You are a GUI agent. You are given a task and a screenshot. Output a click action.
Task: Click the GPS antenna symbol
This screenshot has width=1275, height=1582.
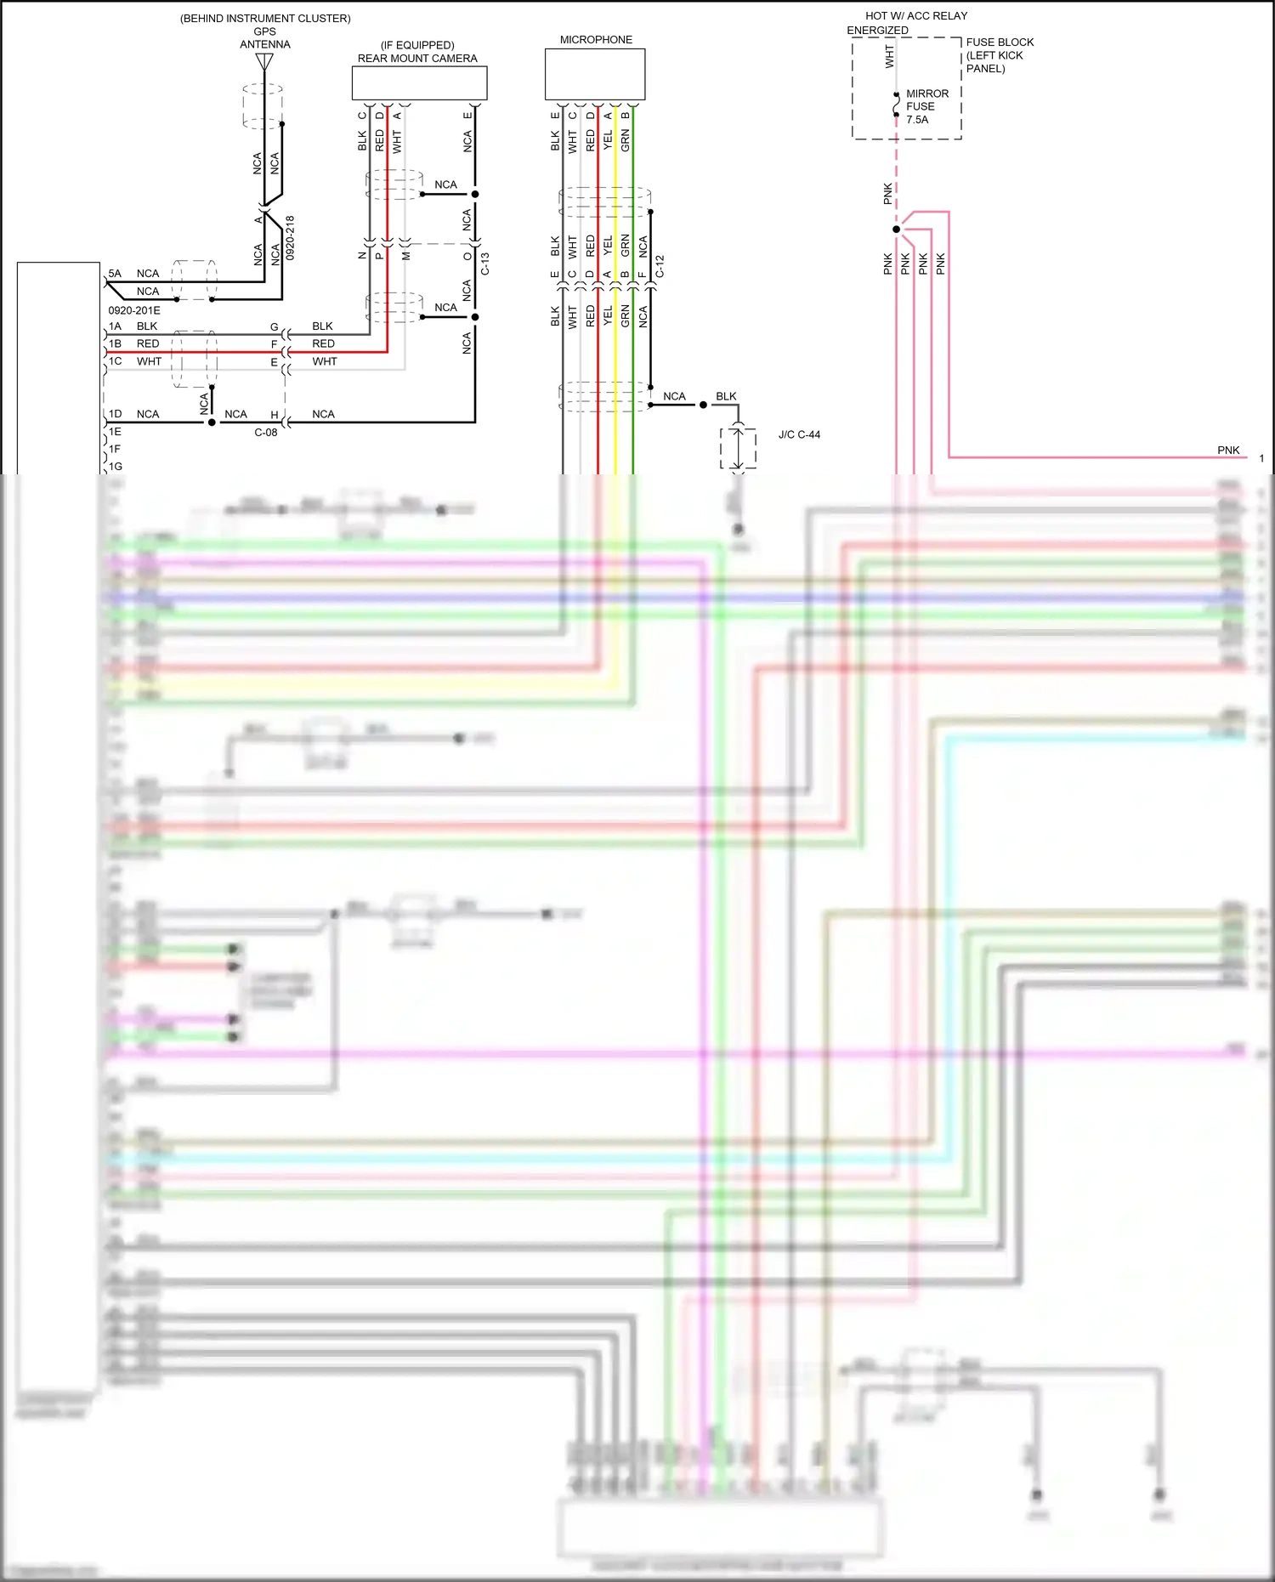coord(264,62)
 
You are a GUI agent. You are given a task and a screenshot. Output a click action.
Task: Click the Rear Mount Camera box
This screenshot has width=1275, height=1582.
coord(419,83)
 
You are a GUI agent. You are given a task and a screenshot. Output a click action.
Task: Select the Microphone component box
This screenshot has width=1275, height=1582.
coord(595,74)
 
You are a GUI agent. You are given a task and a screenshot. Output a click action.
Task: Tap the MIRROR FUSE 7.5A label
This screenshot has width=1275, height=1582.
coord(926,106)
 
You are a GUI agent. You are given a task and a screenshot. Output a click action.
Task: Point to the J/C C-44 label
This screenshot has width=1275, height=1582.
coord(799,434)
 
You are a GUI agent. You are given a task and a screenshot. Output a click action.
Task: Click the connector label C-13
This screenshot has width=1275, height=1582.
coord(485,264)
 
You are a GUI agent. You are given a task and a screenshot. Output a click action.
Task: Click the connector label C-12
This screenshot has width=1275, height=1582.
coord(660,267)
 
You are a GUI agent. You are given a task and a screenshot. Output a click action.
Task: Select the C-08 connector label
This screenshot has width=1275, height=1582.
coord(266,432)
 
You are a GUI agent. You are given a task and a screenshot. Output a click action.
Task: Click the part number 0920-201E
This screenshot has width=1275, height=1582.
coord(134,310)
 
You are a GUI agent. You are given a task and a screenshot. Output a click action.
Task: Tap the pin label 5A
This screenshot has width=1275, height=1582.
coord(115,274)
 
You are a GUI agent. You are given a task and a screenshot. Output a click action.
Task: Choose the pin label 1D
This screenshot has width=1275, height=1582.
coord(115,414)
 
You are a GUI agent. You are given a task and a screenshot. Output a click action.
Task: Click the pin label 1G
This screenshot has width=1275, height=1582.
coord(115,466)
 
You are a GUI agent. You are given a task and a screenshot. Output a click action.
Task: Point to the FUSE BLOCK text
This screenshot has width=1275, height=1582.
coord(1000,43)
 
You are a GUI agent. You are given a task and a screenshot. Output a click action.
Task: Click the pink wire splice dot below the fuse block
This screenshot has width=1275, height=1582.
coord(896,230)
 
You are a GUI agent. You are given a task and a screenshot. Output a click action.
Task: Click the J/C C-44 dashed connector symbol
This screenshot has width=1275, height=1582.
coord(738,447)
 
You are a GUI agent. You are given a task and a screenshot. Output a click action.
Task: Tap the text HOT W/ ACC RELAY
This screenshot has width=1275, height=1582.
coord(916,16)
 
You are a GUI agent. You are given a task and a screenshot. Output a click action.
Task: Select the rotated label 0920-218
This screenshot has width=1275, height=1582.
coord(290,237)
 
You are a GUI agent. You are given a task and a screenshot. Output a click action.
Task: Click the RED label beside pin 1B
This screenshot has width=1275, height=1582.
coord(148,344)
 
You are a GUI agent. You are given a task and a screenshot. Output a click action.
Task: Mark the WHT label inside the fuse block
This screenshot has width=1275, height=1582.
coord(889,57)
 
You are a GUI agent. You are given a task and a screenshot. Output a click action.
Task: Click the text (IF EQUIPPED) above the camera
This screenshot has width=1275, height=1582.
coord(417,45)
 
